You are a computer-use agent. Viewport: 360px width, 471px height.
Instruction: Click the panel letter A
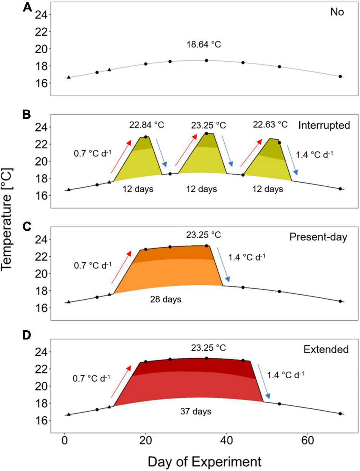point(27,8)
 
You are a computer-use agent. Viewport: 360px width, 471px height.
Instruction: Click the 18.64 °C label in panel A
point(204,45)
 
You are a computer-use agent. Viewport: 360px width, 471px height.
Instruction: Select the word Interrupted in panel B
point(324,125)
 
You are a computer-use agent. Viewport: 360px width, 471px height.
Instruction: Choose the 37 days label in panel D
point(196,411)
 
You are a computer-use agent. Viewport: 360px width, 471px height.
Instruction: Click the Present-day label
point(318,237)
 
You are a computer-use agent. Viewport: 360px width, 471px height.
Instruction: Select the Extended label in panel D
point(326,349)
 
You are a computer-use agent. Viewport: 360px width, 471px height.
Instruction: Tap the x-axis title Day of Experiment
point(204,461)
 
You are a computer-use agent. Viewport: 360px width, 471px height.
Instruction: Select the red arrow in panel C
point(121,267)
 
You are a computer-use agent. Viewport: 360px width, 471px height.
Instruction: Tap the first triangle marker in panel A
point(68,77)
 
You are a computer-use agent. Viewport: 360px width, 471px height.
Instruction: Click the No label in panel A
point(337,12)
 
